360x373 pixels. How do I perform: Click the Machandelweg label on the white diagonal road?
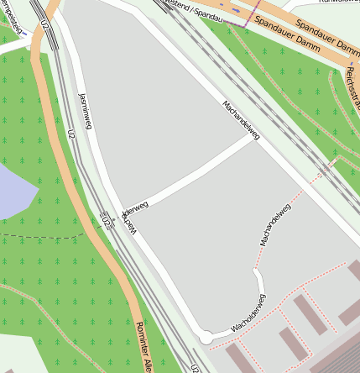point(242,121)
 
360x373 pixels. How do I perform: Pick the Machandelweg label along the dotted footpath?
point(275,224)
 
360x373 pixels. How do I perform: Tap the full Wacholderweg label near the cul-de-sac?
point(248,312)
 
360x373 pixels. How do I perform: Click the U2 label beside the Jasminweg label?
point(70,134)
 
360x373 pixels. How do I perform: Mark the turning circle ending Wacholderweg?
point(205,337)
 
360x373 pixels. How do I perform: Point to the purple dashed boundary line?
point(246,23)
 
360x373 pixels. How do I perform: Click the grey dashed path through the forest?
point(42,237)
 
